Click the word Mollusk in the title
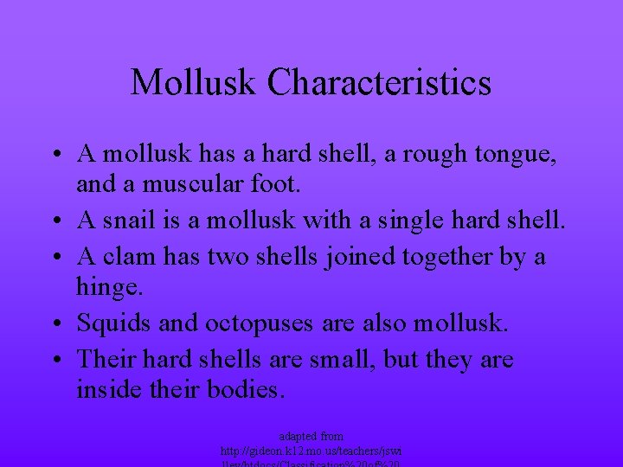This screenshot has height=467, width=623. pyautogui.click(x=193, y=83)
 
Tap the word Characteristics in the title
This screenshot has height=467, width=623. pyautogui.click(x=379, y=83)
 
